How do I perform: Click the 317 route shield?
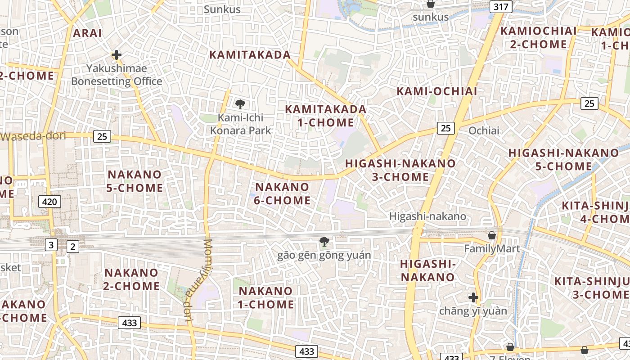point(501,7)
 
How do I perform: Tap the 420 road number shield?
point(49,202)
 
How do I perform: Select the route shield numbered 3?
point(51,245)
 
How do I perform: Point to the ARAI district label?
point(87,33)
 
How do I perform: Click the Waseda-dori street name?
point(34,136)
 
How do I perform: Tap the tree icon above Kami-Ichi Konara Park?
point(240,104)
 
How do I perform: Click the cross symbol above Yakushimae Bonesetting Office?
point(117,55)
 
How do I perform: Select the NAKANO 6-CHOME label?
point(282,193)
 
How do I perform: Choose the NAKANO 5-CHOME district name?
point(135,181)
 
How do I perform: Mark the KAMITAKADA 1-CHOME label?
point(326,116)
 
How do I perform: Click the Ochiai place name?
point(484,130)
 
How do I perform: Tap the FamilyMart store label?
point(492,248)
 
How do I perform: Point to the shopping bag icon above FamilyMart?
point(492,235)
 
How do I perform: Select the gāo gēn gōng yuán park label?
point(324,255)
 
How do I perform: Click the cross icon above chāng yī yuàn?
point(473,297)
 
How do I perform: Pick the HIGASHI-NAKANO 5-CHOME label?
point(563,159)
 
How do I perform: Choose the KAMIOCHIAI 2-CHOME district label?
point(538,38)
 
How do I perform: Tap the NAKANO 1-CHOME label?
point(266,297)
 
